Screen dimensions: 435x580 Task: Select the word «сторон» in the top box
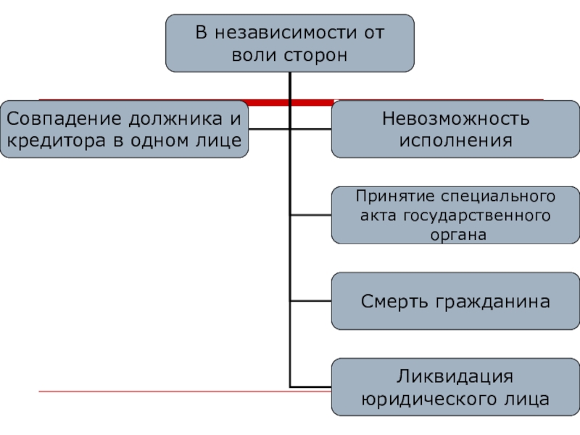pos(313,55)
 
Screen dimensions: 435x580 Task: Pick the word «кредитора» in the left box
pos(54,140)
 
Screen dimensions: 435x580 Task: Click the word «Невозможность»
pos(456,118)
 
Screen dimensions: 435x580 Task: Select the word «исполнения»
pos(456,140)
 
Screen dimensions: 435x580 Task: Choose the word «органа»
pos(456,234)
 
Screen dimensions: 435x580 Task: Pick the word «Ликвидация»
pos(456,377)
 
